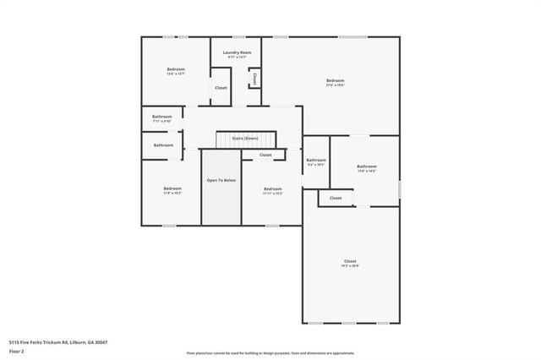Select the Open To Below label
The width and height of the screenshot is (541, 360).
[221, 181]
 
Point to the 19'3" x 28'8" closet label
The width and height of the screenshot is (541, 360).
[350, 263]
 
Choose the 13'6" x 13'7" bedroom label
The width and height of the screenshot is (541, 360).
[176, 71]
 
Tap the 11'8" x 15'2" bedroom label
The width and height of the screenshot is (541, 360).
[172, 190]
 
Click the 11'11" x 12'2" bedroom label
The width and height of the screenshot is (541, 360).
[272, 191]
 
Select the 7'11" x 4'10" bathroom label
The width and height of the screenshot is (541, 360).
[162, 118]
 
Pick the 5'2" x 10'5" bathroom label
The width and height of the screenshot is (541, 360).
[316, 161]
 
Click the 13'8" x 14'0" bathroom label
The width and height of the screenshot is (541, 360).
[366, 168]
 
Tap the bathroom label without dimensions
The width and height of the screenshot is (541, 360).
[164, 145]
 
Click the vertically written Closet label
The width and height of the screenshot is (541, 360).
[254, 78]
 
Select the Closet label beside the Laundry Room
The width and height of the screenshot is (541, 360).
[221, 88]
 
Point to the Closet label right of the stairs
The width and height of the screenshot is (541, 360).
[265, 155]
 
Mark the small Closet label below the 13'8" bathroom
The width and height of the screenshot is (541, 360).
[336, 198]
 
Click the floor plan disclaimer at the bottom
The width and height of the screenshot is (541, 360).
[270, 353]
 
